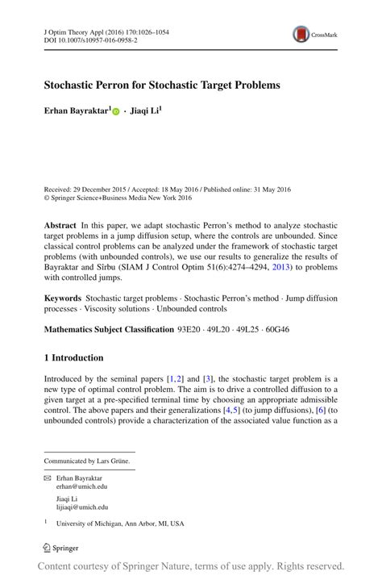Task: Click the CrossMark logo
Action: (314, 34)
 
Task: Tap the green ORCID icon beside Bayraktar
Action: (116, 112)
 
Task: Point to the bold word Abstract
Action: (61, 225)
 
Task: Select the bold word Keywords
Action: (63, 298)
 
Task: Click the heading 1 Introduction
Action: (73, 357)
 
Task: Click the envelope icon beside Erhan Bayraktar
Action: (47, 478)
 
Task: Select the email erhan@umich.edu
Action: (81, 487)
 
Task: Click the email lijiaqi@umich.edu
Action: (82, 507)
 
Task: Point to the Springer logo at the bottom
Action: (61, 548)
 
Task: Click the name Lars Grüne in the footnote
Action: (113, 461)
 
